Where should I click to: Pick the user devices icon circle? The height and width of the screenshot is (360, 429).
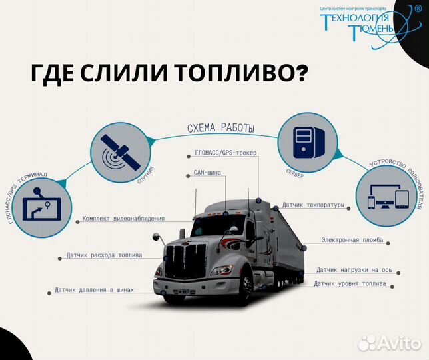pos(387,199)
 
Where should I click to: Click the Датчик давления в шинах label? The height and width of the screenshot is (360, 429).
pos(94,290)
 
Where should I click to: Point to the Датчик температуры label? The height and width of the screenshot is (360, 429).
pos(312,205)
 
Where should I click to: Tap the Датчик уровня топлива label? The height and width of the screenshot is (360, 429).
pos(349,284)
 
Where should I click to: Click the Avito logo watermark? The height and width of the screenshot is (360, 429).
pos(390,342)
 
